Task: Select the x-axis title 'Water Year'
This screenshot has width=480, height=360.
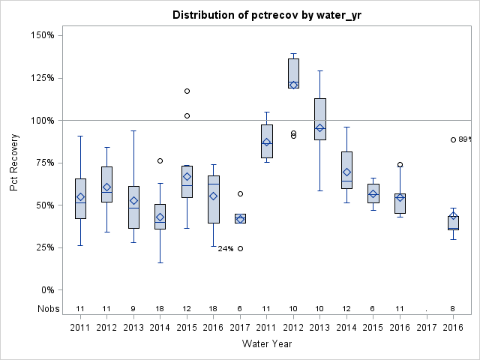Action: (x=267, y=343)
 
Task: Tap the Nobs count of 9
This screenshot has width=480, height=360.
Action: (x=133, y=308)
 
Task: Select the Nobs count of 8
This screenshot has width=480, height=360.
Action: (x=453, y=308)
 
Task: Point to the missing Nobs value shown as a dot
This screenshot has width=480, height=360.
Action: (x=427, y=309)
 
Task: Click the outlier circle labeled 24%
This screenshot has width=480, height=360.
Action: (x=240, y=248)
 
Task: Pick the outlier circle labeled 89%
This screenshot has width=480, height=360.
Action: (x=453, y=139)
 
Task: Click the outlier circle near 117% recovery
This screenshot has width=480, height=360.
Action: (x=187, y=91)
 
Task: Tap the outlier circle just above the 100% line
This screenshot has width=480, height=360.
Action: (x=187, y=115)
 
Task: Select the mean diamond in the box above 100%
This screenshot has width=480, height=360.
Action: (x=293, y=85)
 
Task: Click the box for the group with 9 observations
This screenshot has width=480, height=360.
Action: (x=133, y=207)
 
